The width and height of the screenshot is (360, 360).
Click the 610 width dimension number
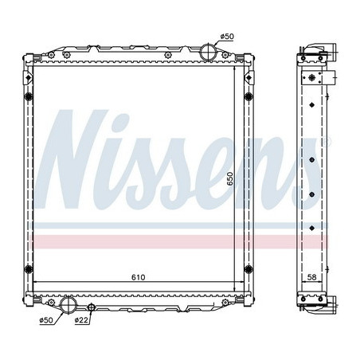(138, 279)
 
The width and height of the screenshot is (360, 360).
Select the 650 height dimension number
(230, 179)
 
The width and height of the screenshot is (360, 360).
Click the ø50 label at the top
(226, 37)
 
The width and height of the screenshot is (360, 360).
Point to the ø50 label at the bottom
(47, 320)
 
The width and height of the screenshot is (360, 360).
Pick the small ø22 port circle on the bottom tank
(92, 307)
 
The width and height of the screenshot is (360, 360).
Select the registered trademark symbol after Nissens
(326, 143)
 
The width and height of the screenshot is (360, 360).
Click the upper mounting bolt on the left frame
(28, 97)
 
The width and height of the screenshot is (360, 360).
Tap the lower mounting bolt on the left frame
(28, 267)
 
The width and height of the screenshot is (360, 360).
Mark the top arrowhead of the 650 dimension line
(237, 71)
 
